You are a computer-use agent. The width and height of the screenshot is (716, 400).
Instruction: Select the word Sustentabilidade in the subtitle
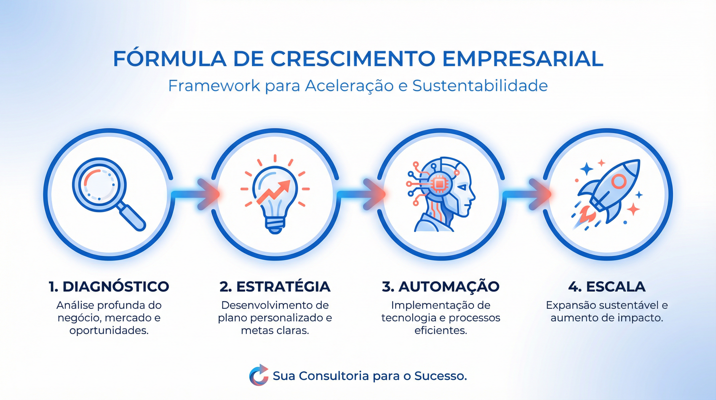(x=480, y=86)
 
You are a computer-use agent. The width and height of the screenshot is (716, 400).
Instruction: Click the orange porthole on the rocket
(x=618, y=181)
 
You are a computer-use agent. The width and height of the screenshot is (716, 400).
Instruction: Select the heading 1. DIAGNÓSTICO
(x=109, y=286)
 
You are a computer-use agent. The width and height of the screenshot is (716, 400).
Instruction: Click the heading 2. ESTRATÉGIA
(x=275, y=286)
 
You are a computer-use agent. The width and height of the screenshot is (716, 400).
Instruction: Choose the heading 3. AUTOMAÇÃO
(x=440, y=286)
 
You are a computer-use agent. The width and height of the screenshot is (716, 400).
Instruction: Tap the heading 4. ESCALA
(x=607, y=286)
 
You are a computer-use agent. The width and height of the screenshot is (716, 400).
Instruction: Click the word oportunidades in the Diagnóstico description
(x=109, y=330)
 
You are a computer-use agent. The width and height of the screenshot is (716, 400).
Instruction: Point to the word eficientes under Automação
(x=440, y=330)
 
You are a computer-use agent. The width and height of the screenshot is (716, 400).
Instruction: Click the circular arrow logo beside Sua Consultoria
(x=259, y=376)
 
